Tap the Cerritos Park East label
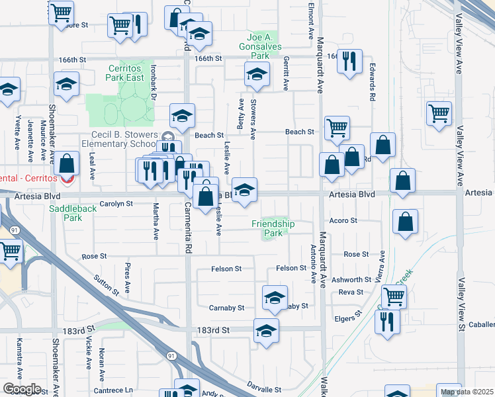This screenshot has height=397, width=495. click(x=126, y=73)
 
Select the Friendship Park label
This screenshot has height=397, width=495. click(x=273, y=228)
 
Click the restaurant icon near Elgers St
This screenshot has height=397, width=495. click(x=386, y=322)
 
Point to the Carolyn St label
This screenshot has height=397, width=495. click(x=116, y=204)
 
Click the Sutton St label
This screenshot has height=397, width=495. click(x=106, y=285)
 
